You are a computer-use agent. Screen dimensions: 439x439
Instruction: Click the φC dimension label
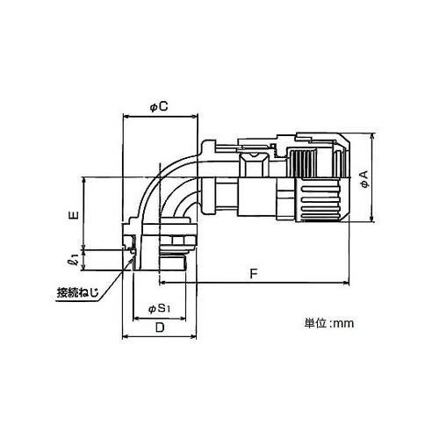point(159,107)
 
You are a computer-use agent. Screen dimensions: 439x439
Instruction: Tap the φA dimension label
point(364,179)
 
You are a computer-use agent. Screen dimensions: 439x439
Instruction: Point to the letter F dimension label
point(254,274)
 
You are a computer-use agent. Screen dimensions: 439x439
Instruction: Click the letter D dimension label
point(160,327)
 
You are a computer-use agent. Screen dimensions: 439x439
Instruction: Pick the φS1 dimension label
point(159,308)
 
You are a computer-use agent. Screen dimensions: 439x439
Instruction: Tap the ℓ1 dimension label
point(75,260)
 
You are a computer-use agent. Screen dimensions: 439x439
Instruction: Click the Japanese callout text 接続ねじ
point(77,293)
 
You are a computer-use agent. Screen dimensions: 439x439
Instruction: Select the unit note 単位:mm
point(329,323)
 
